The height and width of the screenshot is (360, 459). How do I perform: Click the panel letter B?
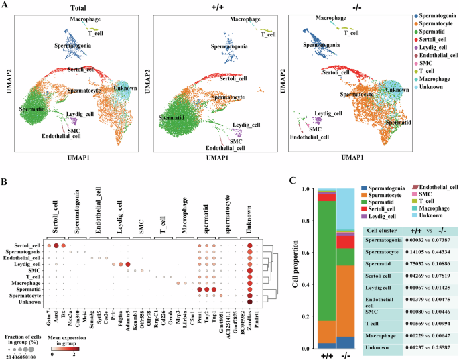click(5, 181)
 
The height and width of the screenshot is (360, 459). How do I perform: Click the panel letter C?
click(293, 180)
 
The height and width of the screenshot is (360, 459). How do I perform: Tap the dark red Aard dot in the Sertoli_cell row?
click(56, 246)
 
